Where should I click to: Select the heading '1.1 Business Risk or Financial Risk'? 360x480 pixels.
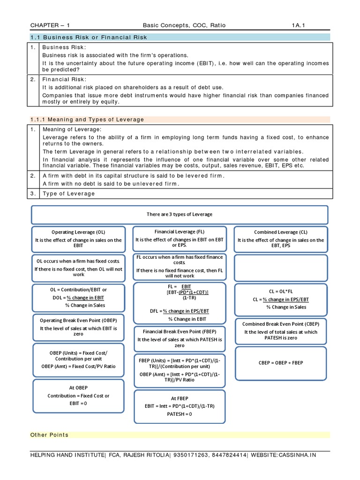tap(89, 37)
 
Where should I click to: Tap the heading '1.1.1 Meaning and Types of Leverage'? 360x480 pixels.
tap(87, 120)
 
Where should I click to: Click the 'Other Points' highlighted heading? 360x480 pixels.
tap(49, 435)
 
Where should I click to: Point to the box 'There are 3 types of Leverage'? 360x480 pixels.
tap(180, 214)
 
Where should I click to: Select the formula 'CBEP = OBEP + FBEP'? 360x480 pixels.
tap(280, 362)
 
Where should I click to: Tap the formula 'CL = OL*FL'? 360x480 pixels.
tap(280, 291)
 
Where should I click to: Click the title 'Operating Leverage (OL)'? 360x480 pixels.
tap(78, 232)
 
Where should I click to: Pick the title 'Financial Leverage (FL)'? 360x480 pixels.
tap(180, 232)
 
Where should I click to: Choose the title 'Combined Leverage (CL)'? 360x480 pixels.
tap(280, 232)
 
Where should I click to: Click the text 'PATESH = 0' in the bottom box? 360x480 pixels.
tap(180, 414)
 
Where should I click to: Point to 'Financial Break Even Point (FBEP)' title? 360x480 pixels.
tap(180, 331)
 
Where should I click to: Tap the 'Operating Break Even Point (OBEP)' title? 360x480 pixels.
tap(78, 321)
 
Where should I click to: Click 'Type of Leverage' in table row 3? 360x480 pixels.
tap(68, 194)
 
